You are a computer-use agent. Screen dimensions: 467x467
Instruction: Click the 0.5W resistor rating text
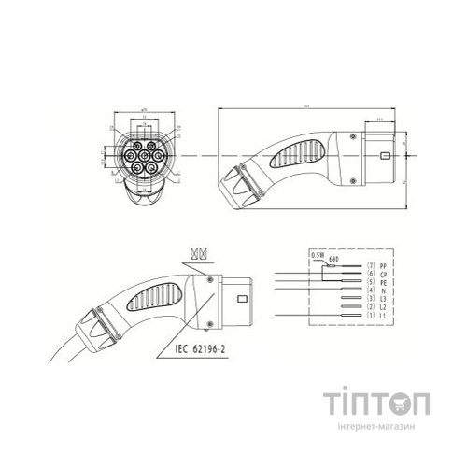317,253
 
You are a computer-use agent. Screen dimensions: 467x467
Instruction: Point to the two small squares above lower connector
197,253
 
